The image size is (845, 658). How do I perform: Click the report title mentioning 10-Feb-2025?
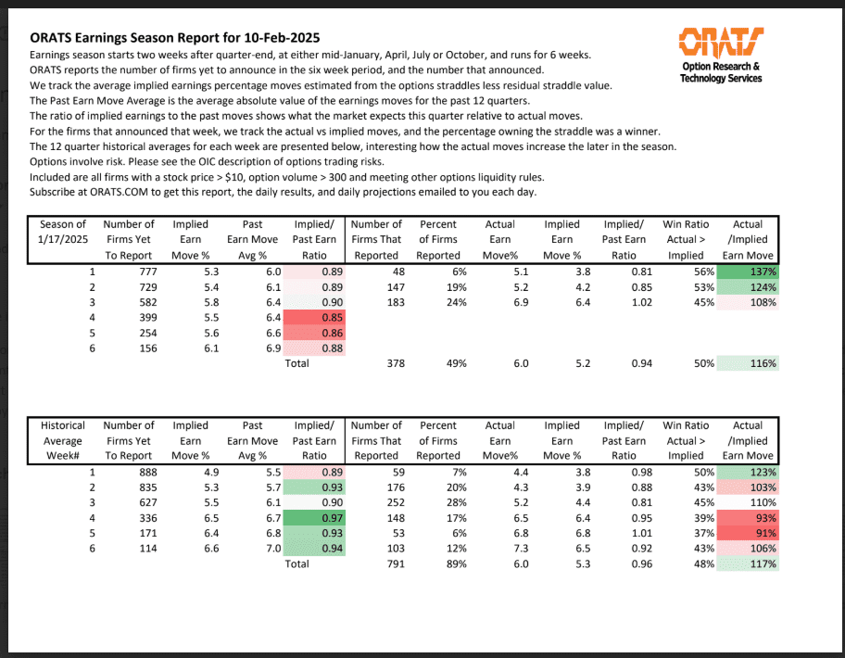pyautogui.click(x=175, y=38)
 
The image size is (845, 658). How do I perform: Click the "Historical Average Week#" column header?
pyautogui.click(x=63, y=440)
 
